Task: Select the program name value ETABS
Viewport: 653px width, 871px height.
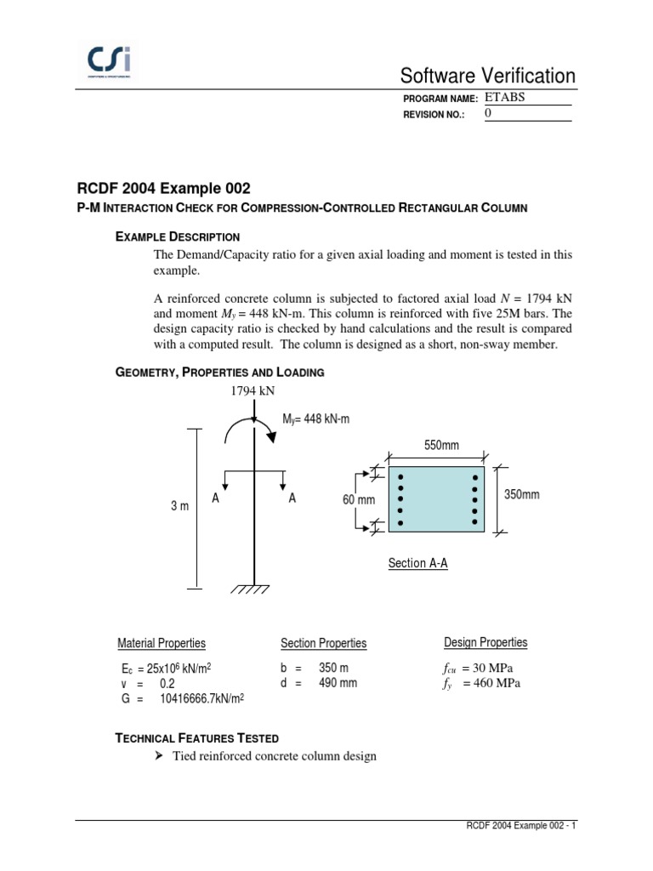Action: [x=505, y=97]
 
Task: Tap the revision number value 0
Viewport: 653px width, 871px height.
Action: [x=488, y=113]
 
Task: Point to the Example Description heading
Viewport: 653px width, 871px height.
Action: [x=177, y=236]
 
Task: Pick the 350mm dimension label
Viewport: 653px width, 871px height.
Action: [x=521, y=495]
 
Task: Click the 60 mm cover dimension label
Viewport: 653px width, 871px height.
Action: [x=359, y=500]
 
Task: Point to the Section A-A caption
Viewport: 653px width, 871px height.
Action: [x=417, y=563]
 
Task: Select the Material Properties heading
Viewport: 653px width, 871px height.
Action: [x=161, y=643]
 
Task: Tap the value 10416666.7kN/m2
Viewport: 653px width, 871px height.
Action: [x=202, y=699]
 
